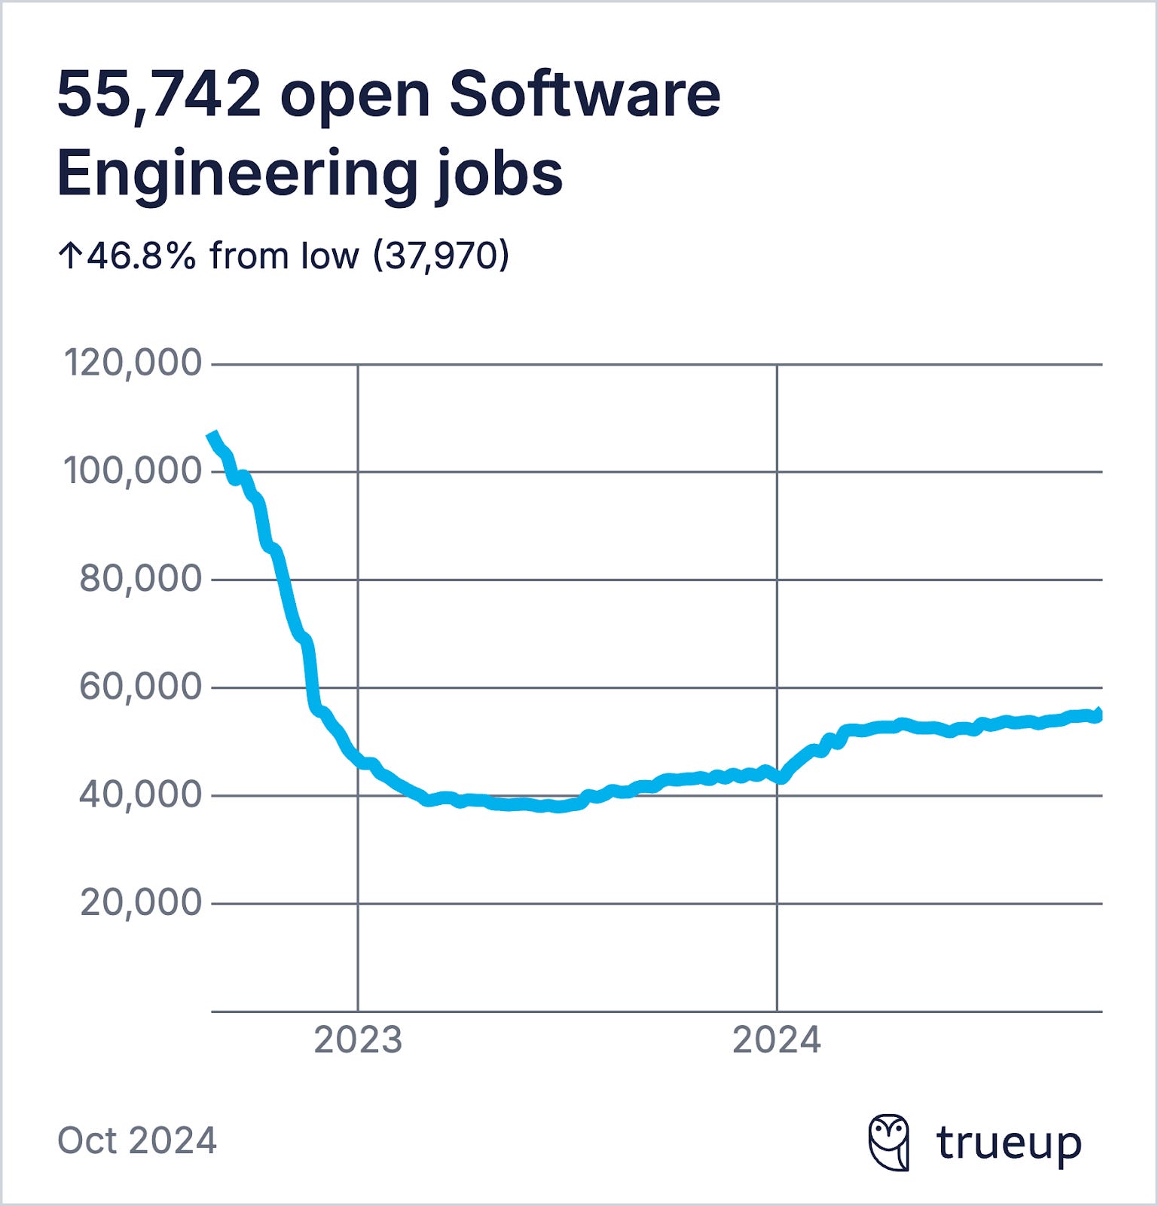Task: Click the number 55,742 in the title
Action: pos(159,95)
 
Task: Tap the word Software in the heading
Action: pos(585,95)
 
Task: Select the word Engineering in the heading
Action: pos(237,173)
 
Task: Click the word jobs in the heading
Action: pos(499,173)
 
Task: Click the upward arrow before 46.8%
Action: pos(70,256)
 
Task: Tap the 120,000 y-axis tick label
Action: pos(133,363)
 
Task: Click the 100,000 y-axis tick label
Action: pos(133,471)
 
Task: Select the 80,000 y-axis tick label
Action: pos(141,579)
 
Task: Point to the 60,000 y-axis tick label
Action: pos(141,687)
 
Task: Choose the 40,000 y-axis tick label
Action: pos(141,794)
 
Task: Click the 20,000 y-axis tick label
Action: pos(141,902)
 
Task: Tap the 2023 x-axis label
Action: pos(358,1040)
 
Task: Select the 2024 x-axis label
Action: pos(777,1040)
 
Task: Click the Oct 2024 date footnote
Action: pos(137,1140)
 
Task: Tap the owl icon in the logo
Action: pos(889,1142)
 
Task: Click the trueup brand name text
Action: pos(1009,1143)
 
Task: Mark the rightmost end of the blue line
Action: pos(1099,715)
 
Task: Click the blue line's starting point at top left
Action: pos(212,435)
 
